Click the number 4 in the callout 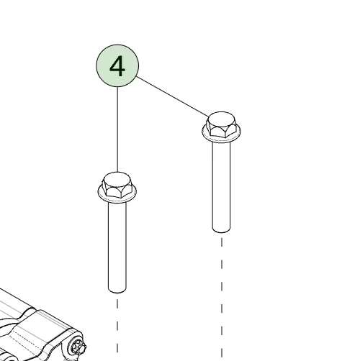coord(117,66)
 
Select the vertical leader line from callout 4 coord(117,129)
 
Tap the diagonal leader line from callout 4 coord(172,96)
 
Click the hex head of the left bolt coord(117,186)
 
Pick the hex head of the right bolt coord(221,125)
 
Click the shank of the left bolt coord(117,247)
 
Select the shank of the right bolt coord(221,186)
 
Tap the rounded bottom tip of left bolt coord(117,291)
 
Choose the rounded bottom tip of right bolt coord(221,230)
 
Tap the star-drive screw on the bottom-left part coord(78,347)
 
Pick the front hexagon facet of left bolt coord(114,192)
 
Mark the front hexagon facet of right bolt coord(218,132)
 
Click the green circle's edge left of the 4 coord(96,65)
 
